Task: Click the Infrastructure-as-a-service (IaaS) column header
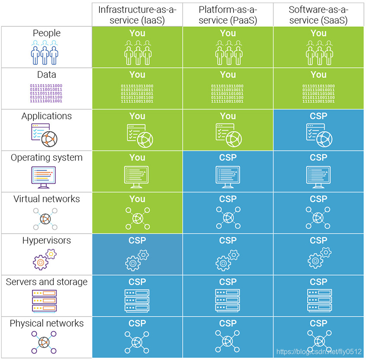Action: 137,14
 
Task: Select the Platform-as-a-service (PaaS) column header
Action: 228,14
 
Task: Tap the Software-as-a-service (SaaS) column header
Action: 318,14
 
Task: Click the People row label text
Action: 47,33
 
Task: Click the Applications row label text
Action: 47,116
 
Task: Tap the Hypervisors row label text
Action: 47,241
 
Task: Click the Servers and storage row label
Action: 47,282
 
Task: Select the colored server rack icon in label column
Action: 45,301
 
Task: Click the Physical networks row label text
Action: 47,324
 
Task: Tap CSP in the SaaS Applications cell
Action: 318,116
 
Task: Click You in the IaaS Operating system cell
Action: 137,157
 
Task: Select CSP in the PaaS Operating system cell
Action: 228,157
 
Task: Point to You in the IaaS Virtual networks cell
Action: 137,199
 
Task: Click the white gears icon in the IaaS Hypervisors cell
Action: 137,260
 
